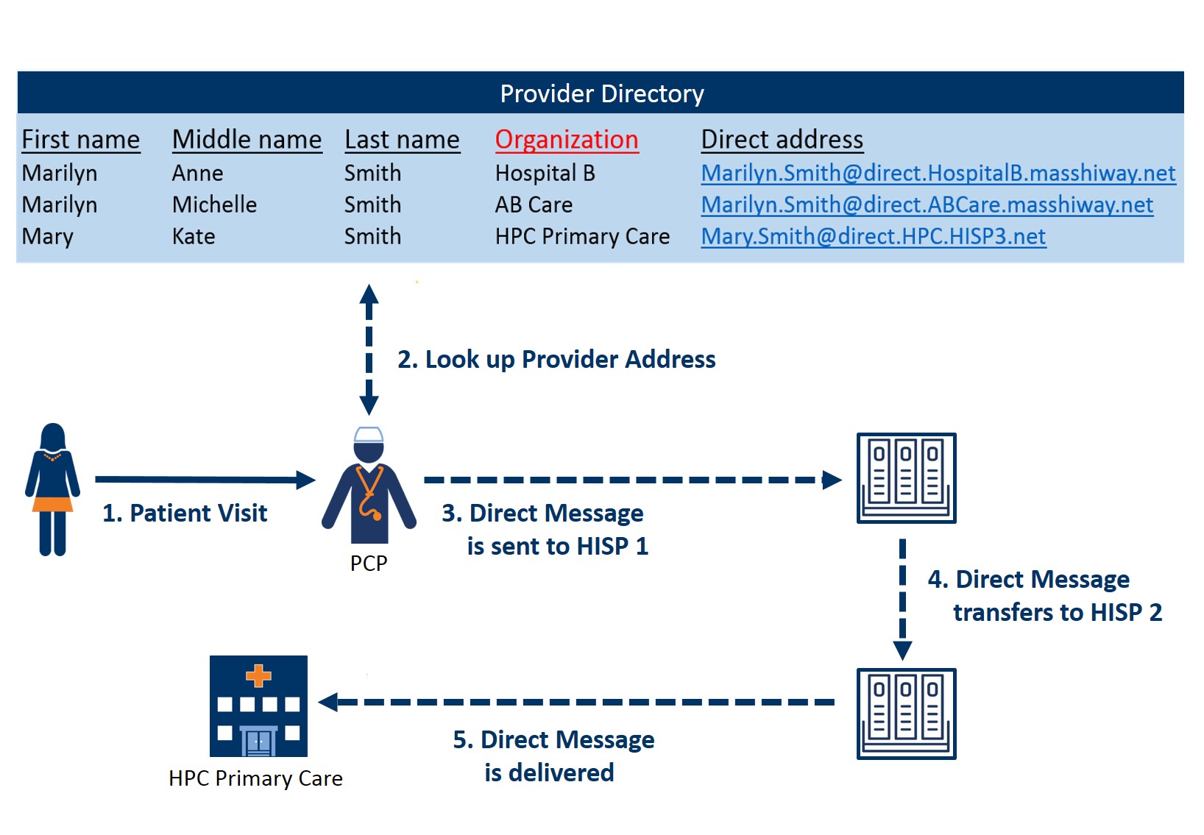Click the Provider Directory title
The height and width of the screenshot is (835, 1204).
click(x=601, y=93)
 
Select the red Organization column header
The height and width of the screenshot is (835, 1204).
click(x=566, y=140)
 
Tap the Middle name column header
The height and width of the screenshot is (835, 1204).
click(x=247, y=140)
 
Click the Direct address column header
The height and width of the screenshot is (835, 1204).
click(x=782, y=140)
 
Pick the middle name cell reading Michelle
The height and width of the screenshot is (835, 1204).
click(x=214, y=205)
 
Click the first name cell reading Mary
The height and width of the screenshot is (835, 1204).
click(x=48, y=237)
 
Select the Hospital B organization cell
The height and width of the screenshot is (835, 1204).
click(x=545, y=173)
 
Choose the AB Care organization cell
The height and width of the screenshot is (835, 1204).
click(x=534, y=205)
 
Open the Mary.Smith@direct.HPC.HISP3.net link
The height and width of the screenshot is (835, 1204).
click(x=873, y=236)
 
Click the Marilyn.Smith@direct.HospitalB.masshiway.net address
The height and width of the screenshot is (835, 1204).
click(x=938, y=173)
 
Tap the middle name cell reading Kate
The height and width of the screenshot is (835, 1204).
click(x=194, y=237)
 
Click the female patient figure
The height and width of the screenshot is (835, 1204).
click(x=52, y=488)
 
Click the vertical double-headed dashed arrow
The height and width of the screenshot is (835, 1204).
click(x=369, y=349)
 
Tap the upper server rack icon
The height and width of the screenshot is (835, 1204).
click(x=906, y=478)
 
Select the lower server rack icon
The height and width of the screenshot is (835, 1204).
click(x=906, y=714)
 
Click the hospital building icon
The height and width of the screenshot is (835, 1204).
click(x=258, y=706)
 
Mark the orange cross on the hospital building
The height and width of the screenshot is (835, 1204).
click(x=258, y=675)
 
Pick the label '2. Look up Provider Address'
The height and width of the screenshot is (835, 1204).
click(x=556, y=359)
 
